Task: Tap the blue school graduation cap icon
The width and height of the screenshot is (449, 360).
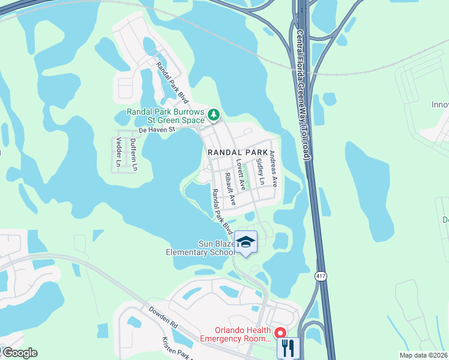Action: [x=246, y=242]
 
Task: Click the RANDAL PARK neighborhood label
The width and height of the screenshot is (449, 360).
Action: [x=238, y=152]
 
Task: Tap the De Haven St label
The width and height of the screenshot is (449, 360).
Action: [x=155, y=129]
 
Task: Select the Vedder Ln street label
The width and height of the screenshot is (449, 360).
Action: [x=118, y=152]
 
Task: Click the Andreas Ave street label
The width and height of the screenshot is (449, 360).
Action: [x=273, y=168]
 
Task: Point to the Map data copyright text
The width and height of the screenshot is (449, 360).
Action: [x=423, y=355]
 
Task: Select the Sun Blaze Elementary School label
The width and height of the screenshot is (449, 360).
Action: [x=200, y=248]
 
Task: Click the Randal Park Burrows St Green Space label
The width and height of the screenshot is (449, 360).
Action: [x=166, y=116]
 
